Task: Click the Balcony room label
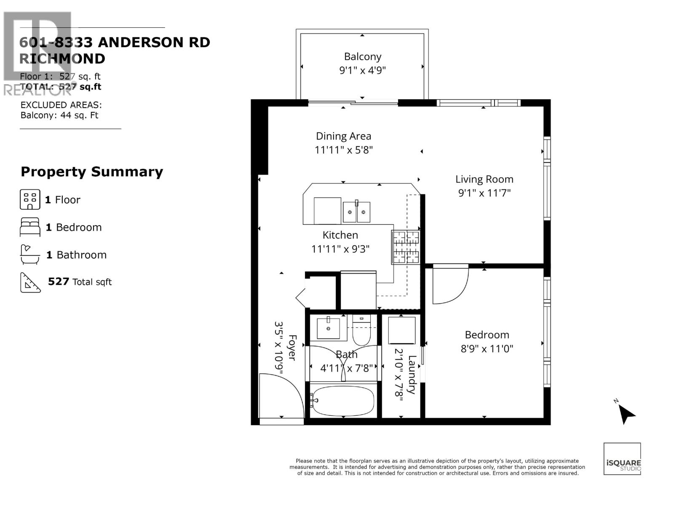pyautogui.click(x=362, y=57)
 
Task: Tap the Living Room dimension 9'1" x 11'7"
pyautogui.click(x=484, y=193)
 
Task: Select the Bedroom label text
pyautogui.click(x=487, y=335)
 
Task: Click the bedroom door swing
pyautogui.click(x=450, y=284)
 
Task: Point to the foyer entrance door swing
pyautogui.click(x=280, y=396)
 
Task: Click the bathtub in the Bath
pyautogui.click(x=343, y=400)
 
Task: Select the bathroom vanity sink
pyautogui.click(x=328, y=328)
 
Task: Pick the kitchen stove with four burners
pyautogui.click(x=406, y=247)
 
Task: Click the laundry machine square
pyautogui.click(x=401, y=331)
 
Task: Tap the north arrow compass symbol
pyautogui.click(x=626, y=414)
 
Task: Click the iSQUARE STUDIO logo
pyautogui.click(x=622, y=459)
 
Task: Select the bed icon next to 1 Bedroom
pyautogui.click(x=30, y=227)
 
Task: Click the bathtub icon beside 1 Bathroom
pyautogui.click(x=30, y=255)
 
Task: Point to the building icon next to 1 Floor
pyautogui.click(x=30, y=199)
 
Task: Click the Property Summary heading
pyautogui.click(x=92, y=172)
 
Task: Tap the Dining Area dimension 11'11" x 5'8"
pyautogui.click(x=343, y=150)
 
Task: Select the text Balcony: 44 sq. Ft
pyautogui.click(x=59, y=115)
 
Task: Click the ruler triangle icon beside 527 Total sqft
pyautogui.click(x=30, y=282)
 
